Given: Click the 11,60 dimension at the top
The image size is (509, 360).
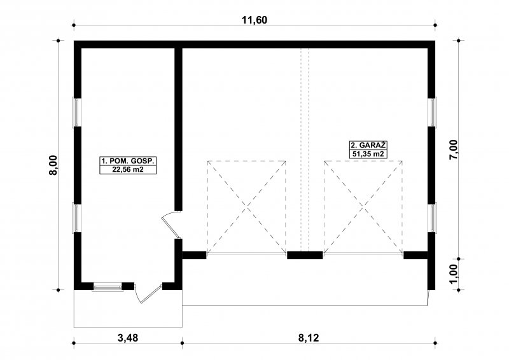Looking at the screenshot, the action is pyautogui.click(x=254, y=20).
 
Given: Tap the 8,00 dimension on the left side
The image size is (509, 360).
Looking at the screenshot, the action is pyautogui.click(x=53, y=165).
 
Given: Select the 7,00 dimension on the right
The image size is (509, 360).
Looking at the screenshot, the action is pyautogui.click(x=453, y=149).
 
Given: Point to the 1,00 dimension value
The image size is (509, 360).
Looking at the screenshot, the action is pyautogui.click(x=453, y=273).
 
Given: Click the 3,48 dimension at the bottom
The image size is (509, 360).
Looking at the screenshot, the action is pyautogui.click(x=128, y=338).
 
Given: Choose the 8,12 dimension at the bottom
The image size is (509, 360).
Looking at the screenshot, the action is pyautogui.click(x=309, y=338).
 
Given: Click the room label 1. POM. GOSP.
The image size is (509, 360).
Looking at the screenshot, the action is pyautogui.click(x=128, y=161).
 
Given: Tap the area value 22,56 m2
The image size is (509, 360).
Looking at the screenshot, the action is pyautogui.click(x=128, y=169).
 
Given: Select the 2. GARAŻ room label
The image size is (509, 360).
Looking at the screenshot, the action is pyautogui.click(x=368, y=145).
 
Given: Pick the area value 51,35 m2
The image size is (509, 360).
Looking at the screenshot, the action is pyautogui.click(x=368, y=154).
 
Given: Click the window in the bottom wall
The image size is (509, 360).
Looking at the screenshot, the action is pyautogui.click(x=107, y=287).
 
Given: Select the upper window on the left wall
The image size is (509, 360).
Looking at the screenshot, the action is pyautogui.click(x=76, y=113).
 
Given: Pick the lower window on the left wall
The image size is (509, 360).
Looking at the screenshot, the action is pyautogui.click(x=76, y=218).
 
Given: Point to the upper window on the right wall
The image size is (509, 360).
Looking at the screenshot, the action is pyautogui.click(x=433, y=112).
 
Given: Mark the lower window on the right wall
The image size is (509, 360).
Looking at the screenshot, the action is pyautogui.click(x=433, y=218).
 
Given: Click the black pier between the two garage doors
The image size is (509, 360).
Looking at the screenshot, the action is pyautogui.click(x=305, y=255).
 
